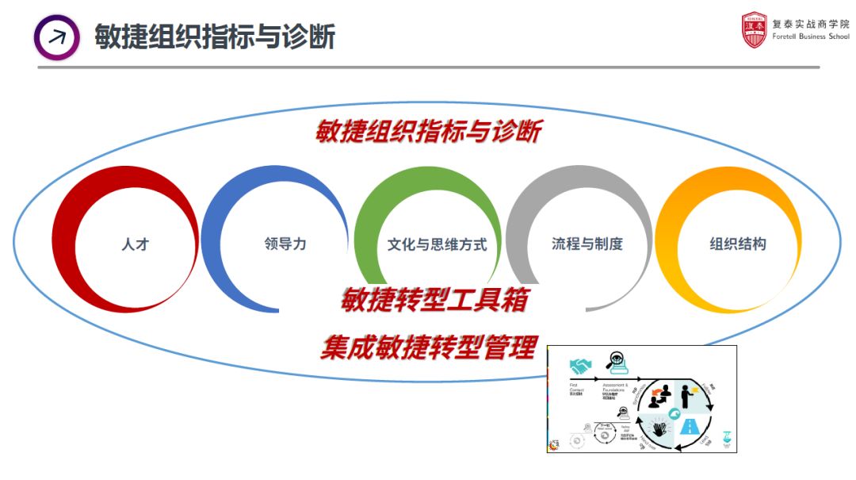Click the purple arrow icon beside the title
pos(56,36)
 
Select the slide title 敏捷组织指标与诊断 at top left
pos(215,36)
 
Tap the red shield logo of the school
pos(755,30)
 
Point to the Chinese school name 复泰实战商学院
pos(810,24)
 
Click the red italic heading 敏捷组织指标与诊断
pos(428,131)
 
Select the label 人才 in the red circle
pos(135,244)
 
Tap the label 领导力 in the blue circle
pos(285,244)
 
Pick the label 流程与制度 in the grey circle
pos(587,244)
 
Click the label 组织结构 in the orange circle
pos(737,244)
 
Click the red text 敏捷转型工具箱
pos(434,301)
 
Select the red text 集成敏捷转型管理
pos(429,348)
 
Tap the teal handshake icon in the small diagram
pos(580,366)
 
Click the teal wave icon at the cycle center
pos(674,412)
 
